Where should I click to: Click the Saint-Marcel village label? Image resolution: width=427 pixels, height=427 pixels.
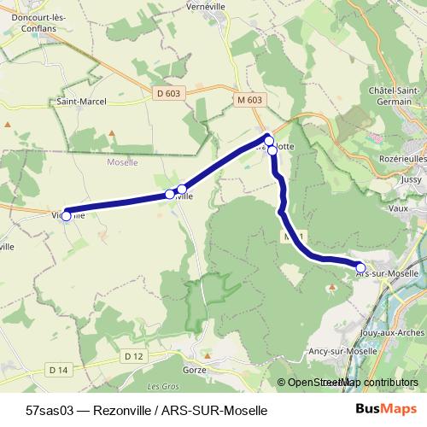point(79,101)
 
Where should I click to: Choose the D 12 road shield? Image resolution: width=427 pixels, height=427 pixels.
point(133,355)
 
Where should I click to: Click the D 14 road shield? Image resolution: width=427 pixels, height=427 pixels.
point(58,370)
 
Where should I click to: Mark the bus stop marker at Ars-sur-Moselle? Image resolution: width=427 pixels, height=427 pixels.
point(360,267)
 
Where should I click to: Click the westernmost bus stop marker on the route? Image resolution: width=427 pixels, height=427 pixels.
point(67,215)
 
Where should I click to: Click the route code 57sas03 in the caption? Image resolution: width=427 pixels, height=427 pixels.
point(49,409)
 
